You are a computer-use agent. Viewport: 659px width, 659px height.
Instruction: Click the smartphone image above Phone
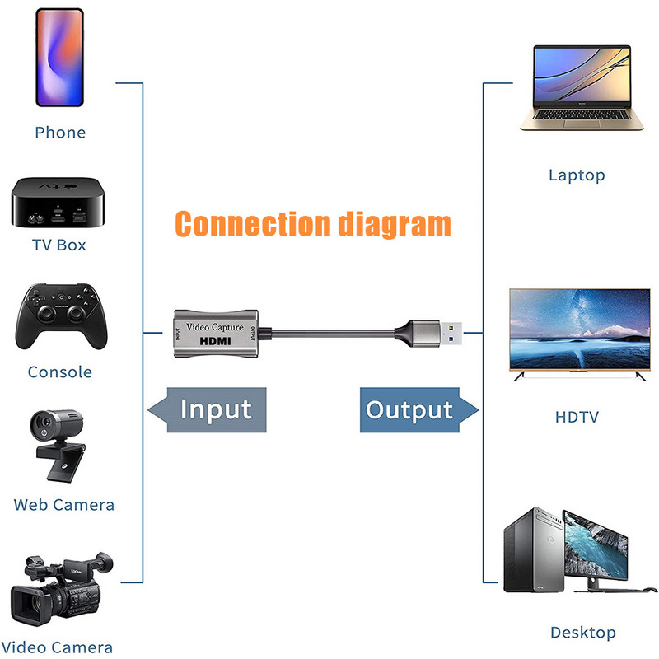(x=59, y=58)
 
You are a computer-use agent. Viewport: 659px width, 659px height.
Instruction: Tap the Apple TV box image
(x=55, y=201)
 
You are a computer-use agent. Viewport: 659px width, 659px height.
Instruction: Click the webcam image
(x=58, y=446)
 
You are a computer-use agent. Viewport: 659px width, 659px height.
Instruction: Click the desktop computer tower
(x=531, y=550)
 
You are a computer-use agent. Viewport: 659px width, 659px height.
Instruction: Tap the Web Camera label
(x=63, y=505)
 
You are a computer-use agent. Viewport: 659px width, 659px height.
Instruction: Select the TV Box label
(x=58, y=245)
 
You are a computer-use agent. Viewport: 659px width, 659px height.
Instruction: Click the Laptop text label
(x=577, y=175)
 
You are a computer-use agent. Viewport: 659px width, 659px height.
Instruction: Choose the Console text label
(x=59, y=372)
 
